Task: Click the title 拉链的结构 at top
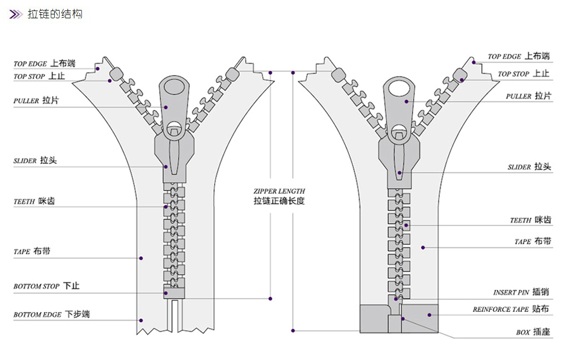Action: pyautogui.click(x=55, y=14)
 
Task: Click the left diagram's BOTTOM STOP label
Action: pyautogui.click(x=46, y=286)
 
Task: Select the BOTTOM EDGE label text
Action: pyautogui.click(x=51, y=314)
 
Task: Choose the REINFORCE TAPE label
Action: pyautogui.click(x=510, y=309)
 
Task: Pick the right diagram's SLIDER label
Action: pyautogui.click(x=529, y=167)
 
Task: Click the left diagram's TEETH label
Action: pyautogui.click(x=34, y=202)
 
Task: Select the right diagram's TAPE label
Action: pyautogui.click(x=532, y=241)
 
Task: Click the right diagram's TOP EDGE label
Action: pyautogui.click(x=518, y=56)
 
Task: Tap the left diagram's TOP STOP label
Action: pyautogui.click(x=39, y=76)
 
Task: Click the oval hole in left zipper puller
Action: pyautogui.click(x=174, y=87)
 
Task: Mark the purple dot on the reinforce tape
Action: pyautogui.click(x=429, y=315)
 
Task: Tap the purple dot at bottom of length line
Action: pyautogui.click(x=293, y=331)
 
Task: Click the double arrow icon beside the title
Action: pyautogui.click(x=17, y=14)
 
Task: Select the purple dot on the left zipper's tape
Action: pyautogui.click(x=141, y=258)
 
